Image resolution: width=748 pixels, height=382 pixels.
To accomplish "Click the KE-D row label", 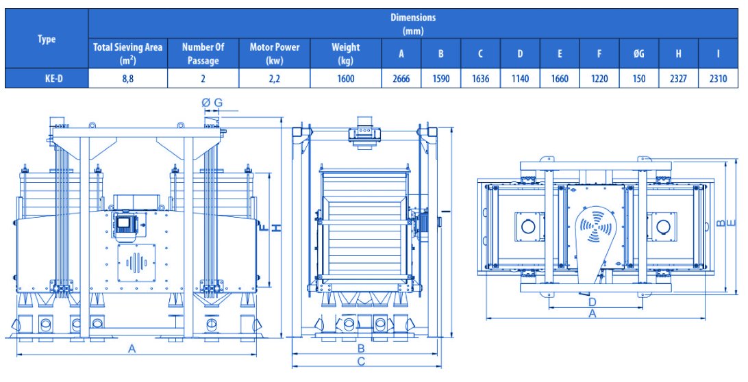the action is tap(47, 79).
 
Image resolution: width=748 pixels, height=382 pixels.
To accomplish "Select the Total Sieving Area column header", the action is tap(128, 53).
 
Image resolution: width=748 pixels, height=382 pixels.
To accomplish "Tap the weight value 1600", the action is tap(346, 79).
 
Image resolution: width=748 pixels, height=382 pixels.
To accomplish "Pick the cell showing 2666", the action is tap(401, 79).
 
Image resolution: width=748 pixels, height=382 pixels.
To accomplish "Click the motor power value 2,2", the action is tap(274, 79).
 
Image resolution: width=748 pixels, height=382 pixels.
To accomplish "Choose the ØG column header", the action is tap(639, 54).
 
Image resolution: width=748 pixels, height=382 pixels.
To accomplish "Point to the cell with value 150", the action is tap(639, 79).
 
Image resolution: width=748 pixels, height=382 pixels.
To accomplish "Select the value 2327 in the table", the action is tap(678, 79).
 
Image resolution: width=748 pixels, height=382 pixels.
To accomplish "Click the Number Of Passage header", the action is tap(203, 53).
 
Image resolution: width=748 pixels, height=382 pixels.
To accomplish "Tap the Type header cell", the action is tap(47, 39).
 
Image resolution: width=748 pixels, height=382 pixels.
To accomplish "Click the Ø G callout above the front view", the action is tap(212, 103).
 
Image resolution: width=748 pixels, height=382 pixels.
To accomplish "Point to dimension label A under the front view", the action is tap(132, 348).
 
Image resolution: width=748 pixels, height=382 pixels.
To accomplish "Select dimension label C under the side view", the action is tap(361, 361).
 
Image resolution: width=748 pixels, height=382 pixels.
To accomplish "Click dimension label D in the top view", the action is tap(592, 302).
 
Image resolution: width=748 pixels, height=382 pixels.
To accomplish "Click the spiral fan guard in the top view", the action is tap(595, 224).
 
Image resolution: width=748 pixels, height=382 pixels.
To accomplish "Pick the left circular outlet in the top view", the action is tap(528, 227).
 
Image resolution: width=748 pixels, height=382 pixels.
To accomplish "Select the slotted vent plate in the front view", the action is tap(137, 263).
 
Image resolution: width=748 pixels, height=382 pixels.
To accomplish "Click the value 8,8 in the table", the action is tap(128, 79).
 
